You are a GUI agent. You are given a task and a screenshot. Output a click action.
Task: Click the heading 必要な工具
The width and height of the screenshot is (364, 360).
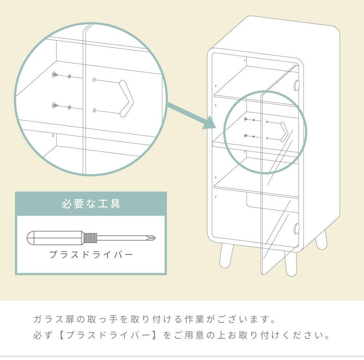click(x=91, y=204)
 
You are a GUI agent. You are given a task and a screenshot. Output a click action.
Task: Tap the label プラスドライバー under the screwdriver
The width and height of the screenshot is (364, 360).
click(x=91, y=254)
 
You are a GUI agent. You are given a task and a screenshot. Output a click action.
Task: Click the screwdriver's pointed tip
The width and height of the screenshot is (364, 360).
click(x=155, y=238)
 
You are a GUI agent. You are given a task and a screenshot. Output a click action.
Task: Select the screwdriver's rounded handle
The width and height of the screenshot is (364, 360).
click(x=55, y=238)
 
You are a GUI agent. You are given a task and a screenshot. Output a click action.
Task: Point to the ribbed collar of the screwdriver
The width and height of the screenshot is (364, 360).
click(x=90, y=238)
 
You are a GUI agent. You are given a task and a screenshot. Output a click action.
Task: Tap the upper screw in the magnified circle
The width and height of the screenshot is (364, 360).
click(x=54, y=74)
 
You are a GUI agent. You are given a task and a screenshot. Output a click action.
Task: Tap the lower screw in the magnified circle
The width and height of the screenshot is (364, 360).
click(x=54, y=105)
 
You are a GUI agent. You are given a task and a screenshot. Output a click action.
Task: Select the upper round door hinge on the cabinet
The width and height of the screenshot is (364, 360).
click(x=297, y=85)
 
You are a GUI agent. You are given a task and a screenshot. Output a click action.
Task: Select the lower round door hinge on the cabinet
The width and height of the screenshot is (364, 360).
click(x=297, y=228)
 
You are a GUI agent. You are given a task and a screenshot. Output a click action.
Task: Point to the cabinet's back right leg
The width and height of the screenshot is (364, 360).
click(x=321, y=240)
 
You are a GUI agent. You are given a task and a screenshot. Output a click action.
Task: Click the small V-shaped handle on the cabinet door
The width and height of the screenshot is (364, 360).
click(x=284, y=132)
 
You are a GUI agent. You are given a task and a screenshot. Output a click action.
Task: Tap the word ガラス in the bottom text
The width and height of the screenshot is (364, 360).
click(x=48, y=319)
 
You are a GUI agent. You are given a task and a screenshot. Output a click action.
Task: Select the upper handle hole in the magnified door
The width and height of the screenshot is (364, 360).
click(x=94, y=80)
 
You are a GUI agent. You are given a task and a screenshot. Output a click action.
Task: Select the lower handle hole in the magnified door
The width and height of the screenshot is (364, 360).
click(x=94, y=110)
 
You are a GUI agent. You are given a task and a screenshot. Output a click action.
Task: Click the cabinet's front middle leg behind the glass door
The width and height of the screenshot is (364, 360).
click(x=291, y=264)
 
